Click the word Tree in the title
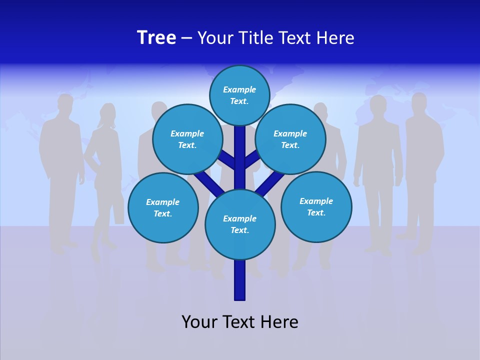click(x=156, y=37)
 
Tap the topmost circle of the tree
click(x=239, y=95)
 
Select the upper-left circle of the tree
click(x=187, y=139)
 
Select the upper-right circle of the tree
click(x=290, y=139)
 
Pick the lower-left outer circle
click(x=162, y=207)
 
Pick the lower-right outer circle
click(x=316, y=206)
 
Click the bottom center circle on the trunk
click(x=239, y=224)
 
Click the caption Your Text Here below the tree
click(x=239, y=322)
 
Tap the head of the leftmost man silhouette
click(x=64, y=103)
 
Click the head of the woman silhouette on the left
click(x=107, y=113)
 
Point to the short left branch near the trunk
click(x=227, y=159)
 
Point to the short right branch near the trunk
click(x=251, y=159)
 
